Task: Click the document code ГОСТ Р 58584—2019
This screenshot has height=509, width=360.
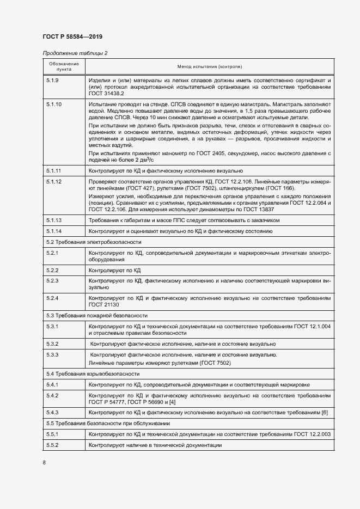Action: pos(72,36)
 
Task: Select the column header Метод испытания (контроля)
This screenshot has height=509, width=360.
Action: pos(210,66)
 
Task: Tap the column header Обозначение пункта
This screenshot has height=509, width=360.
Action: pos(64,66)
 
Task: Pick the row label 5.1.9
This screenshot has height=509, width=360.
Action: pos(53,81)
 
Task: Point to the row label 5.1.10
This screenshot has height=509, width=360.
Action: pos(54,103)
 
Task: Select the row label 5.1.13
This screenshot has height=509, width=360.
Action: pos(54,220)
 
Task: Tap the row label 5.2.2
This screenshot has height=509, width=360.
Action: pos(53,270)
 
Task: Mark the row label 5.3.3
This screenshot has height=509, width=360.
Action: pos(53,355)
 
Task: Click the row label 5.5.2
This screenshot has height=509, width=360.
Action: pos(53,445)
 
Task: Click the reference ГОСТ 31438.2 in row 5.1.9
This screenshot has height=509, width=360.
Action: pos(105,94)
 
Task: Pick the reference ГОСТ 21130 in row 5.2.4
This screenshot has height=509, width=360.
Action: pos(103,305)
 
